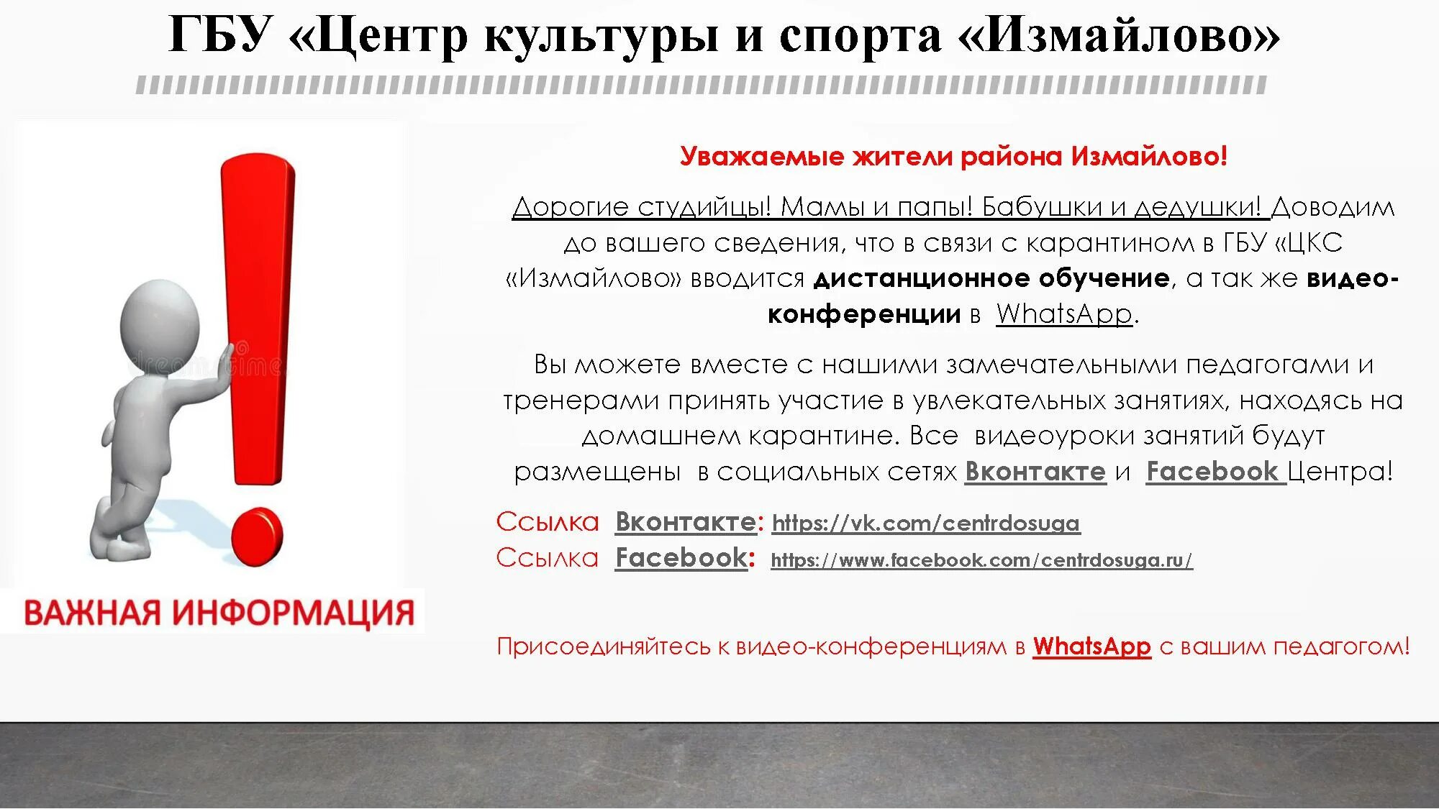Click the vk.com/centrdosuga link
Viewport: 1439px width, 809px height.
[925, 524]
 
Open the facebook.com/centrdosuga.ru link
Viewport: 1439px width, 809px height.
[981, 560]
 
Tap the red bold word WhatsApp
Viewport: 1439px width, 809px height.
[1091, 646]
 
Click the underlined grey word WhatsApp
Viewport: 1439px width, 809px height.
[1064, 314]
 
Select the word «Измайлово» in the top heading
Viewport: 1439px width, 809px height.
[1119, 35]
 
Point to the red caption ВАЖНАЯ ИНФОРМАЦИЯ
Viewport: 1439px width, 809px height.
[219, 613]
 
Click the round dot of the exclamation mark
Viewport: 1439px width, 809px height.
[258, 536]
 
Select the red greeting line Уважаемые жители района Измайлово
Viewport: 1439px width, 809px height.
[953, 156]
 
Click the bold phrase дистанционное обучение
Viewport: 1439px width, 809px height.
[991, 278]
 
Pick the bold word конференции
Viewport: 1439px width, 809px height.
[864, 314]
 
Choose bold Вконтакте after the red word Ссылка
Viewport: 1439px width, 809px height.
[685, 522]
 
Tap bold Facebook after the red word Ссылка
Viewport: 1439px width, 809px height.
[681, 558]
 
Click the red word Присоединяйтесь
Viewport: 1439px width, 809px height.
[604, 646]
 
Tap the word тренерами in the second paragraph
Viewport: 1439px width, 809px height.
[581, 401]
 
